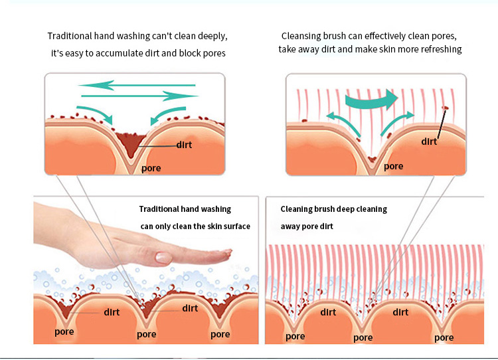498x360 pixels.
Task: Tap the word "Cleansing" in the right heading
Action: coord(301,35)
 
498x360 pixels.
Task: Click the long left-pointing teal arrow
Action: coord(136,85)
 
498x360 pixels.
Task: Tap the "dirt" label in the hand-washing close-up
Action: coord(184,144)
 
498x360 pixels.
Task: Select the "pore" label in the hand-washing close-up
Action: coord(151,168)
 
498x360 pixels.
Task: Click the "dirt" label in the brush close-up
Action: coord(429,141)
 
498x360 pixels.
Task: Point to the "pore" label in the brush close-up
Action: coord(393,166)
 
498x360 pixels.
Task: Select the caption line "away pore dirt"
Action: coord(305,226)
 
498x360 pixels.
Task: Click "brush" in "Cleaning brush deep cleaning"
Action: coord(325,209)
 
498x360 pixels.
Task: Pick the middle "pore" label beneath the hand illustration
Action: coord(147,334)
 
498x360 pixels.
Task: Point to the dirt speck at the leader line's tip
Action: coord(446,108)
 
